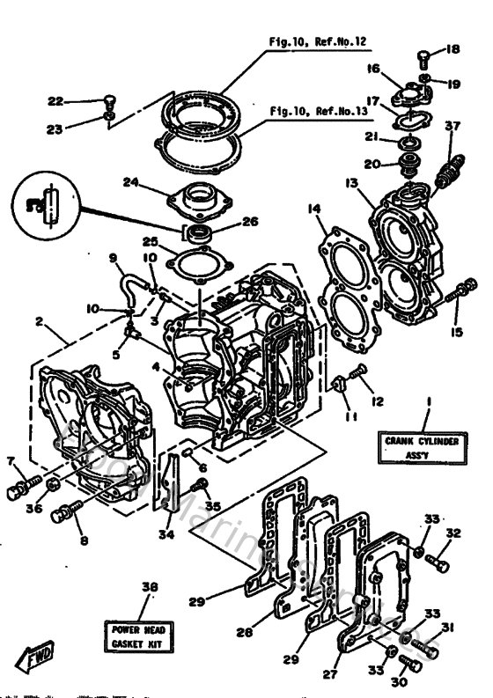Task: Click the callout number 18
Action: pos(453,50)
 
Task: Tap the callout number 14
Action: pos(313,209)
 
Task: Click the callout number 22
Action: pos(79,99)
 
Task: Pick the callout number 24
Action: pos(130,183)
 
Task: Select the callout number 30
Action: pos(401,680)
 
